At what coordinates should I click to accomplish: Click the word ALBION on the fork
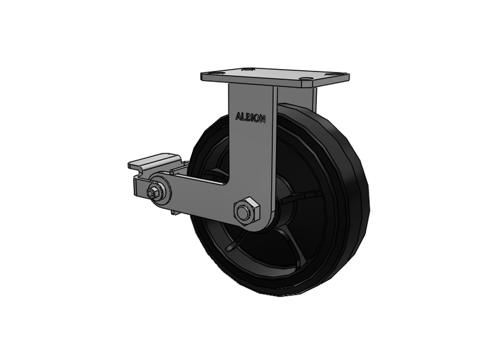coord(250,118)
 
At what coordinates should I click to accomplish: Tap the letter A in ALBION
coord(238,116)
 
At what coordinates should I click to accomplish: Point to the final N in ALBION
coord(262,120)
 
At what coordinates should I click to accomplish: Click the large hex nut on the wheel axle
coord(246,212)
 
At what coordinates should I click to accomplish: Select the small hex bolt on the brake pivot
coord(152,192)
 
